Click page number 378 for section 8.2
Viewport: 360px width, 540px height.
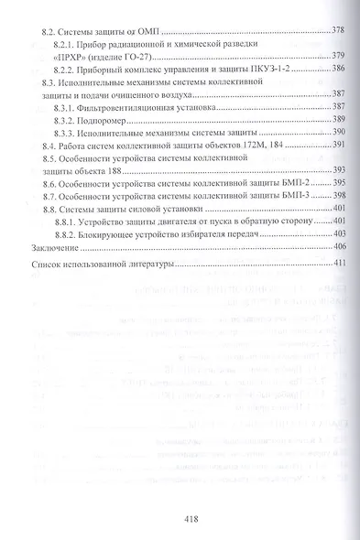[x=337, y=31]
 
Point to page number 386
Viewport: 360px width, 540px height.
[x=337, y=69]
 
